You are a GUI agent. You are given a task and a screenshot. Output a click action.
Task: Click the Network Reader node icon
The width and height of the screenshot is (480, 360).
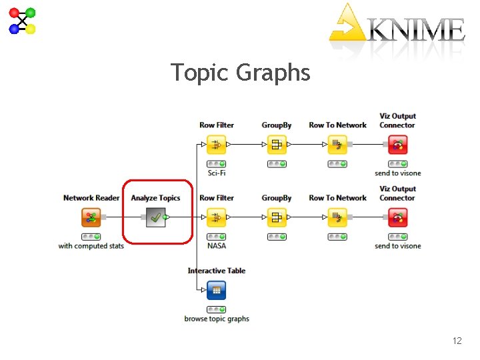coord(91,217)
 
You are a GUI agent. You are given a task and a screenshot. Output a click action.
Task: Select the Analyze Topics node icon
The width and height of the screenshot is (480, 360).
coord(155,217)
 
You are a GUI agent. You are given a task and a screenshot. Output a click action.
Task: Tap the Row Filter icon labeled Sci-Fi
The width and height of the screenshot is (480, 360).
coord(216,145)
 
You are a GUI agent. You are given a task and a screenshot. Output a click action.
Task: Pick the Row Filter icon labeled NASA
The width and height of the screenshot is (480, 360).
coord(216,217)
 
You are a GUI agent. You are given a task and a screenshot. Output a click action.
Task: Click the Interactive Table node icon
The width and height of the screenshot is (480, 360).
coord(216,290)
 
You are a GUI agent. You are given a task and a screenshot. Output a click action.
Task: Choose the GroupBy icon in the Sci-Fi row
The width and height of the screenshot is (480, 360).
coord(277,145)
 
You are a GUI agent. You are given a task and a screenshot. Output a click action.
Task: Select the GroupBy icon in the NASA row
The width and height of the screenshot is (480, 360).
coord(277,217)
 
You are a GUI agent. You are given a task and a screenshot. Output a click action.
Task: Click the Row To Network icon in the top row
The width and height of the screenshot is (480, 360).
coord(337,145)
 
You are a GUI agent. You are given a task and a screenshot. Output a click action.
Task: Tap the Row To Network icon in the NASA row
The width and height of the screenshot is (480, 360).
coord(337,217)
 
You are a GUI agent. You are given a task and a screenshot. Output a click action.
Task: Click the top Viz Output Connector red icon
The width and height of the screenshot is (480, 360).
coord(398,145)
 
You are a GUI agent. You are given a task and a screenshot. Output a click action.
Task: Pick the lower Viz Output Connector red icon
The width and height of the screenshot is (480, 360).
coord(398,217)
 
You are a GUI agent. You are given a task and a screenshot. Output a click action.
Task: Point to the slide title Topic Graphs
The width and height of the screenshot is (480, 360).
coord(240,72)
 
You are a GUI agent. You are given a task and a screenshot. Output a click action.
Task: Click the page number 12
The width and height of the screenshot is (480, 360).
coord(457,341)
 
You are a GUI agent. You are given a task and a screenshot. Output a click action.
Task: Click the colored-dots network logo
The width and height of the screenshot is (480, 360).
coord(22,21)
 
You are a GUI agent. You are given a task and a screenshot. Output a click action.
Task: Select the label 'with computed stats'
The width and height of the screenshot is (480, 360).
coord(91,246)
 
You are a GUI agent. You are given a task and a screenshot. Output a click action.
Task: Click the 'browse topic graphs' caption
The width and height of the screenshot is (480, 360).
coord(217,319)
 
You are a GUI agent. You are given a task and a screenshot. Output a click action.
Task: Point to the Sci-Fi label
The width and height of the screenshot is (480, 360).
coord(217,173)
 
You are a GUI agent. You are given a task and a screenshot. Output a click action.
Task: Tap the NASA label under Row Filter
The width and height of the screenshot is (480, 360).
coord(217,246)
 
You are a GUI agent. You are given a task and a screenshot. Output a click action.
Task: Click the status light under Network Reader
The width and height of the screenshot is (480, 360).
coord(91,237)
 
